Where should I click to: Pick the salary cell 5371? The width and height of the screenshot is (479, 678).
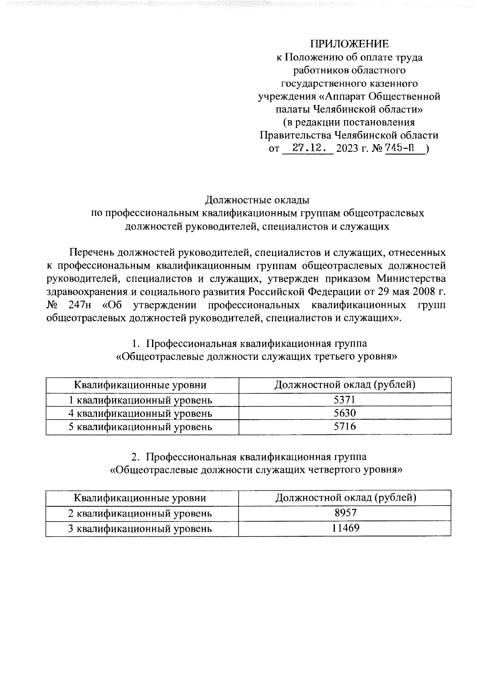pyautogui.click(x=344, y=400)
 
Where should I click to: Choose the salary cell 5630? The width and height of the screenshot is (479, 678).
pyautogui.click(x=344, y=413)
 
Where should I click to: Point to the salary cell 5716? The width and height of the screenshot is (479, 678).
pyautogui.click(x=344, y=427)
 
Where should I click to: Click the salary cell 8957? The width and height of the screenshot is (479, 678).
pyautogui.click(x=345, y=513)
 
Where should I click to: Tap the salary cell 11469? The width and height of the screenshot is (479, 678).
pyautogui.click(x=345, y=528)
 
